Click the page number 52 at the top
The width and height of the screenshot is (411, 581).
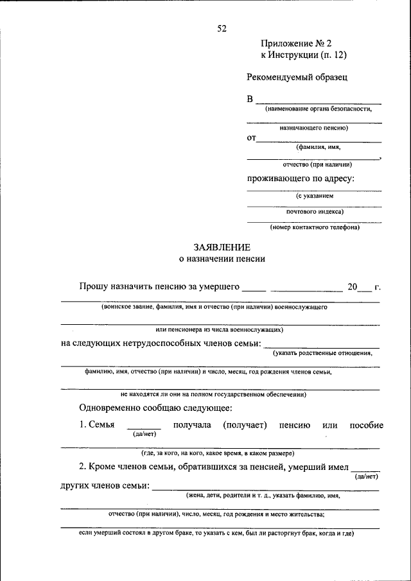click(222, 28)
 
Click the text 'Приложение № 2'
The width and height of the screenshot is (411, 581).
click(295, 44)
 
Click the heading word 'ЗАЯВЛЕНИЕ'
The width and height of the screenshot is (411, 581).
click(222, 247)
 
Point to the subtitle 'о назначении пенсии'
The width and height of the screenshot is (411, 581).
click(222, 259)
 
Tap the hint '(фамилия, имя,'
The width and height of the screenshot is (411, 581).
click(314, 147)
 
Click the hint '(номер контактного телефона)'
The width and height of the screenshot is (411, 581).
click(315, 227)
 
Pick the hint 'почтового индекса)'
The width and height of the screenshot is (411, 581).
click(315, 211)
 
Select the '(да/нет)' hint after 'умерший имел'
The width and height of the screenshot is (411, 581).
click(367, 476)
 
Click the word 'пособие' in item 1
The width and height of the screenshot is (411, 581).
click(366, 425)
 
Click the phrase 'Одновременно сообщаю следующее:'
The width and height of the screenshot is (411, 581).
click(155, 408)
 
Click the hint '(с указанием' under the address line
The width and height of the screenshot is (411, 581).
click(315, 195)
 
